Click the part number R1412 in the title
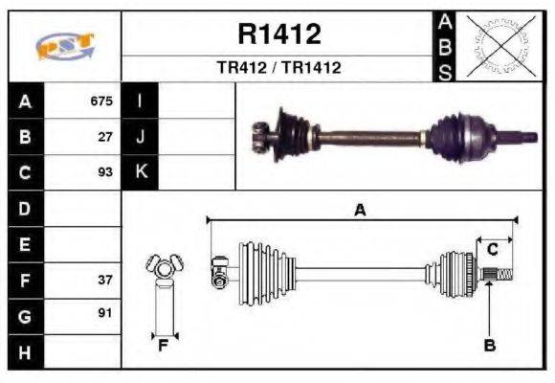click(x=278, y=34)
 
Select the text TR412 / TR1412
click(x=278, y=68)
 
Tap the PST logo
click(x=64, y=46)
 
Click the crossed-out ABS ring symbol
click(x=498, y=46)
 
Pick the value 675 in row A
click(x=100, y=101)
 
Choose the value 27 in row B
click(x=105, y=137)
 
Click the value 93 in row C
click(x=105, y=173)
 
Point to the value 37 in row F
click(x=105, y=281)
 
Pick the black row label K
click(x=141, y=173)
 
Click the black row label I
click(x=141, y=101)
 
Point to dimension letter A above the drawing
click(x=360, y=212)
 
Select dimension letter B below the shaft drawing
click(x=489, y=346)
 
